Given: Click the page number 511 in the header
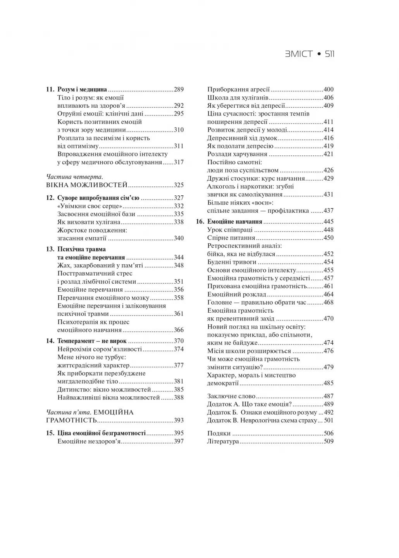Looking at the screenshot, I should point(330,54).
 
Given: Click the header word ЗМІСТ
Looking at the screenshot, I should point(299,54).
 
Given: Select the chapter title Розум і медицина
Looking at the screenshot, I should point(82,90).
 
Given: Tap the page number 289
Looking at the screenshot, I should point(179,90).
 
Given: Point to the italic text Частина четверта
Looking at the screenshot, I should point(74,177).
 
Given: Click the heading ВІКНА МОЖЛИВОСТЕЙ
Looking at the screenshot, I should point(87,185).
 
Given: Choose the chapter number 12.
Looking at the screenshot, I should point(50,198).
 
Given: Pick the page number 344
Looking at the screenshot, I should point(179,257).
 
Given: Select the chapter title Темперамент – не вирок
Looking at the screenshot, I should point(92,341).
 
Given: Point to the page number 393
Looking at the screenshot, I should point(179,420).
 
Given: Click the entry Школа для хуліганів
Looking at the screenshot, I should point(238,98).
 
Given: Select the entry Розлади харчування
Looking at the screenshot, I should point(237,154).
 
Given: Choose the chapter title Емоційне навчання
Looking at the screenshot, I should point(235,222).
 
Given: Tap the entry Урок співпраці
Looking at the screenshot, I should point(229,230).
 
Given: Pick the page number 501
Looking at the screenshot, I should point(328,420).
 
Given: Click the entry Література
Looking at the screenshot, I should point(223,441).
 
